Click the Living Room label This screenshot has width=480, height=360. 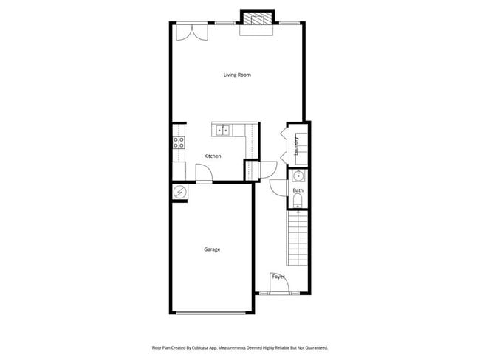click(239, 75)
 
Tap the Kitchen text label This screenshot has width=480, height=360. click(213, 156)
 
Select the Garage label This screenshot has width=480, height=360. click(212, 249)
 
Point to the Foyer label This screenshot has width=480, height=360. click(278, 277)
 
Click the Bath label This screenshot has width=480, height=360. click(298, 191)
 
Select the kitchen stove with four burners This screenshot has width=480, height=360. click(178, 142)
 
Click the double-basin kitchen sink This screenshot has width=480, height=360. click(222, 131)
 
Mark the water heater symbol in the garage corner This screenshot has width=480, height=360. click(179, 192)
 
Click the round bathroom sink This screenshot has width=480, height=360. click(298, 176)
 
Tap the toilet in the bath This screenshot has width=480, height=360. click(298, 201)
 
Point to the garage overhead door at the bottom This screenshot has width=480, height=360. click(212, 314)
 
